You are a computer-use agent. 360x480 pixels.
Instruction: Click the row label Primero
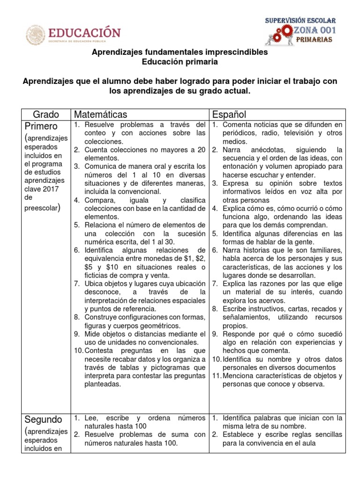(x=41, y=127)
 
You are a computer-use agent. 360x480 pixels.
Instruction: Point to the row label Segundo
(x=43, y=419)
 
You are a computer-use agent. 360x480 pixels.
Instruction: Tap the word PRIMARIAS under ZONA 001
(x=315, y=40)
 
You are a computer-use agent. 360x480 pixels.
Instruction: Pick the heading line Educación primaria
(x=180, y=61)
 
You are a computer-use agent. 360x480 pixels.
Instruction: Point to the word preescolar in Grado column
(x=40, y=208)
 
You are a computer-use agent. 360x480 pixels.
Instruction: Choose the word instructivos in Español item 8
(x=261, y=309)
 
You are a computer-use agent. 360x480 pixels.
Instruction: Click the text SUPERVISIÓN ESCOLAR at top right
(x=300, y=21)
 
